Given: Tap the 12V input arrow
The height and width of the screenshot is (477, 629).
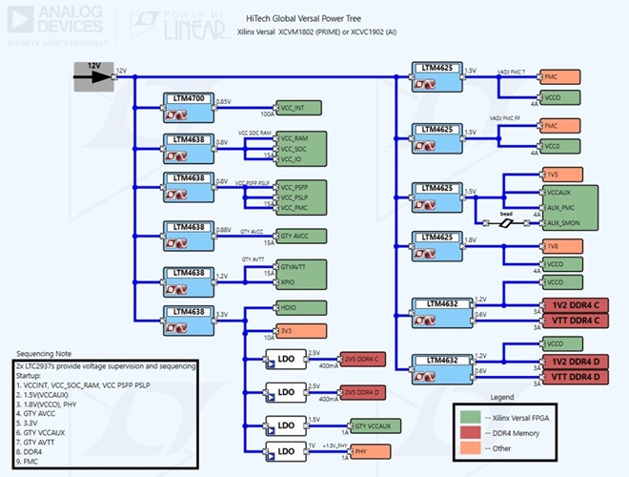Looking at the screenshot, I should [x=93, y=76].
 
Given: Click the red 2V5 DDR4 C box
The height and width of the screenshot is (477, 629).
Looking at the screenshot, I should [x=362, y=359].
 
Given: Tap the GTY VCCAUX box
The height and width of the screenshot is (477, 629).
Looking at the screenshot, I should [x=377, y=425].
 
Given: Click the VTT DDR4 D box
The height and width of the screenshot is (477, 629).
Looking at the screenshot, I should [x=576, y=377].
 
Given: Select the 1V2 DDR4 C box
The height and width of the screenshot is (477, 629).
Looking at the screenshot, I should [x=576, y=305].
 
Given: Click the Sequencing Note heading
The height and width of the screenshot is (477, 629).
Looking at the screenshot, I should [x=48, y=353].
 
